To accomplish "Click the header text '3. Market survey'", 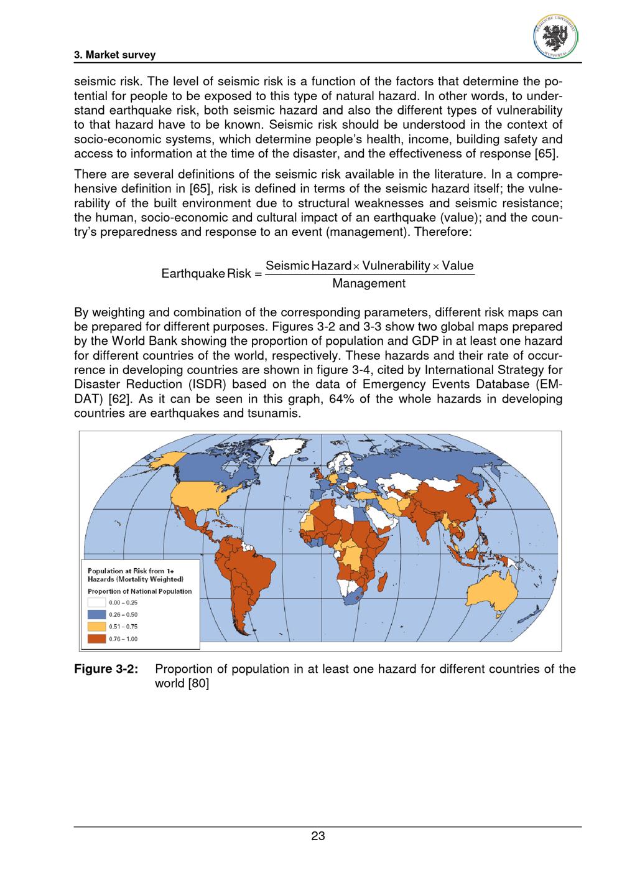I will pyautogui.click(x=114, y=55).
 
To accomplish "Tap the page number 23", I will pyautogui.click(x=318, y=836).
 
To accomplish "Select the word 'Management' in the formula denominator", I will pyautogui.click(x=369, y=284).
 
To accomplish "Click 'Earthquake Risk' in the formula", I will pyautogui.click(x=206, y=274).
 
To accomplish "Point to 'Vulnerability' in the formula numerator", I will pyautogui.click(x=396, y=266).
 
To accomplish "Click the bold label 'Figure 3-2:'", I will pyautogui.click(x=105, y=670).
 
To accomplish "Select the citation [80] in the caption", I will pyautogui.click(x=198, y=683).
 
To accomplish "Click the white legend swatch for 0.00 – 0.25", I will pyautogui.click(x=97, y=602).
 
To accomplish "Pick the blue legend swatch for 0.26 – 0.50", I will pyautogui.click(x=97, y=614).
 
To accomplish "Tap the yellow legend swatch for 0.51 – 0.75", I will pyautogui.click(x=97, y=626).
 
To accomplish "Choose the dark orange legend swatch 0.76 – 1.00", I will pyautogui.click(x=97, y=639).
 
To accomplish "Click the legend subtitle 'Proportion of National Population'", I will pyautogui.click(x=140, y=591).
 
